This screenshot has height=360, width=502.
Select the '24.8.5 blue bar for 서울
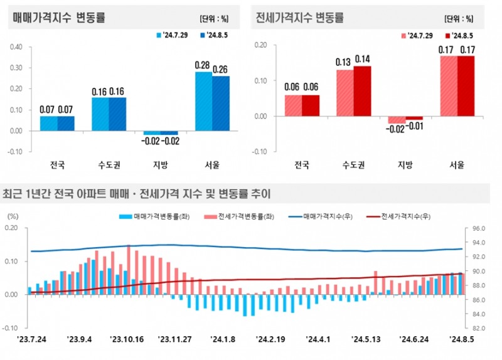tap(220, 103)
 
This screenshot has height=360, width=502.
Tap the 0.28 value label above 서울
tap(203, 65)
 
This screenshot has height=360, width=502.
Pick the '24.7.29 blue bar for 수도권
tap(100, 114)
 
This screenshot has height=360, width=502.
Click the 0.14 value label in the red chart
tap(363, 59)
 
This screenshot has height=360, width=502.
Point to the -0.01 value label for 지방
tap(415, 129)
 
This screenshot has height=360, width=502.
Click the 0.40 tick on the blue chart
tap(16, 46)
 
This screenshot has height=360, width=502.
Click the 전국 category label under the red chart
tap(302, 166)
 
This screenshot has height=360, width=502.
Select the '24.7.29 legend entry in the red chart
tap(415, 36)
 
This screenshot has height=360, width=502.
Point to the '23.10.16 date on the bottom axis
tap(126, 339)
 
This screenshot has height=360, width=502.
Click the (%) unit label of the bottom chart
tap(13, 215)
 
